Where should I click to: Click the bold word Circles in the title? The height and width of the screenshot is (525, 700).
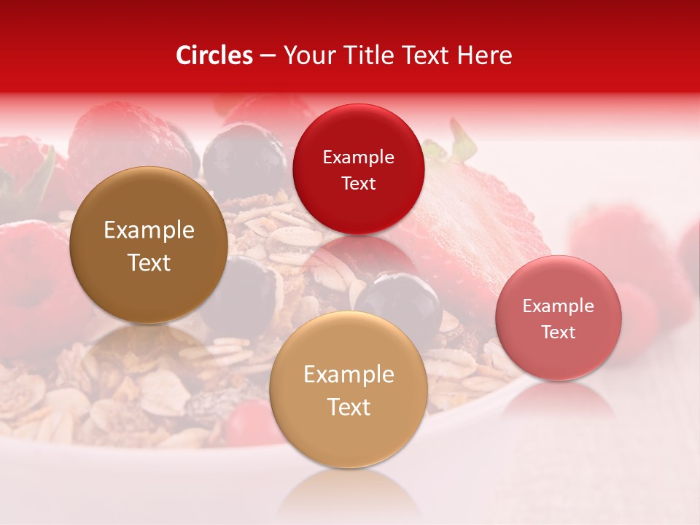click(x=214, y=55)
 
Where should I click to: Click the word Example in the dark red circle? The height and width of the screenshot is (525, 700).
click(x=358, y=157)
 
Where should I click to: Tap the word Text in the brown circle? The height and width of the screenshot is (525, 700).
click(x=149, y=263)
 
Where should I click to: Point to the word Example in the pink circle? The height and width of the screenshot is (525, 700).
click(x=558, y=306)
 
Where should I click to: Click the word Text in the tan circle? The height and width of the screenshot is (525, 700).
click(x=349, y=407)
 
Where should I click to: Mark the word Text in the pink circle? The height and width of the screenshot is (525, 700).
click(x=558, y=332)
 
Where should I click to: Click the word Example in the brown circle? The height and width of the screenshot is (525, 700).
click(x=149, y=230)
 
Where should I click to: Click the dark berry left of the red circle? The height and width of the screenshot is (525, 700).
click(x=244, y=157)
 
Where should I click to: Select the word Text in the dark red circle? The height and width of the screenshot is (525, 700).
click(x=358, y=184)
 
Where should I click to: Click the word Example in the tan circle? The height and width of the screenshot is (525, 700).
click(x=349, y=375)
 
